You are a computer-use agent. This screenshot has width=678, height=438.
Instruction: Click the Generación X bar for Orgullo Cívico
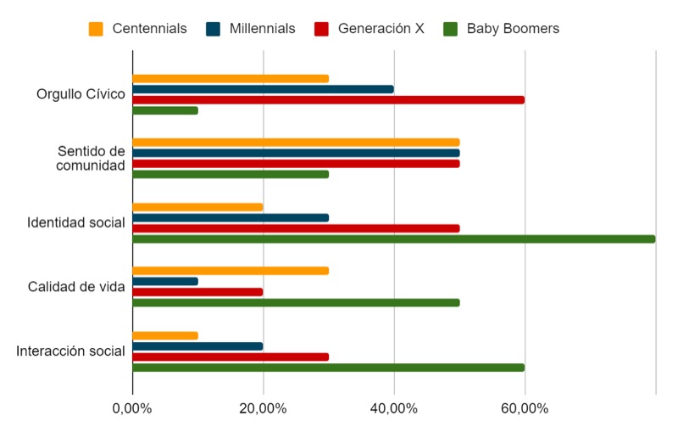(x=329, y=99)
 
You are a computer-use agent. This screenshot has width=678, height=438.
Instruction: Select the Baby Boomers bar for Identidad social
(x=394, y=239)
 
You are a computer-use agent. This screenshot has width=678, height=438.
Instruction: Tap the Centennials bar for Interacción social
(x=165, y=335)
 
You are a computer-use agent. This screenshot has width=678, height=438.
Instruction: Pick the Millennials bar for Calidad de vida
(x=165, y=281)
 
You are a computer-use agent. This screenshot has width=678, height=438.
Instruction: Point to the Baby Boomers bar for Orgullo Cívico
(x=165, y=110)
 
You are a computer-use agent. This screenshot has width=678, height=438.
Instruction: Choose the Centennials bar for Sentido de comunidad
(x=296, y=143)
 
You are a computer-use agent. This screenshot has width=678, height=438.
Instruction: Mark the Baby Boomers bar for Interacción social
(x=329, y=368)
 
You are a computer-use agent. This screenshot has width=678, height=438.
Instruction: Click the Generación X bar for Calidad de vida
(x=197, y=292)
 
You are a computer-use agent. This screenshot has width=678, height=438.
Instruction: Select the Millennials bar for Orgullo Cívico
(x=263, y=89)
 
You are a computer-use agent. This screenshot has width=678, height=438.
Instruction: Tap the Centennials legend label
(x=149, y=29)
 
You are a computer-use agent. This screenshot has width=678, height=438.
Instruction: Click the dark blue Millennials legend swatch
(x=214, y=29)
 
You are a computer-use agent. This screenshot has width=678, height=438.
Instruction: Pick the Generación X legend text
(x=381, y=29)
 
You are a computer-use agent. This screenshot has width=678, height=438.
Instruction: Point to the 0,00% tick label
(x=132, y=408)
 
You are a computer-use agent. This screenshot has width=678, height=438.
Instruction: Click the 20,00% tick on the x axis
(x=263, y=408)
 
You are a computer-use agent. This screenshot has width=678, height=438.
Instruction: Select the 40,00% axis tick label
(x=394, y=408)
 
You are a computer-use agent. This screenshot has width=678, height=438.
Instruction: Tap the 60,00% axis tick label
(x=525, y=408)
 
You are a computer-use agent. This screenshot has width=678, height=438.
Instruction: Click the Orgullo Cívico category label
(x=81, y=94)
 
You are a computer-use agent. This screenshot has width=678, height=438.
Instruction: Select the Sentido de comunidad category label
(x=91, y=158)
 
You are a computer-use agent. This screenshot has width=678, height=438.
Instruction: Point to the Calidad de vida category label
(x=76, y=287)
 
